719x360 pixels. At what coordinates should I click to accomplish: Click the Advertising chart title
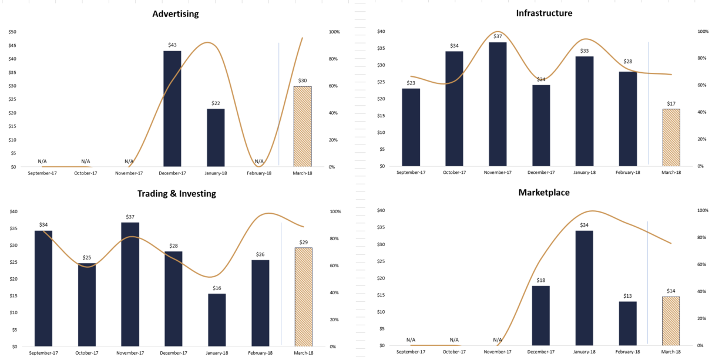pyautogui.click(x=175, y=14)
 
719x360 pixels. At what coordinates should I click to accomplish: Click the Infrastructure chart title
pyautogui.click(x=544, y=13)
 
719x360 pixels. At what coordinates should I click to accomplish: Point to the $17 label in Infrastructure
pyautogui.click(x=671, y=103)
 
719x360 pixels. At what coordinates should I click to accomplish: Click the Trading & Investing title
pyautogui.click(x=176, y=193)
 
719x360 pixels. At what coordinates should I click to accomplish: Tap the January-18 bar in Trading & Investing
pyautogui.click(x=217, y=319)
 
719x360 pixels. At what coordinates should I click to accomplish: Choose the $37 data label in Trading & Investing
pyautogui.click(x=130, y=217)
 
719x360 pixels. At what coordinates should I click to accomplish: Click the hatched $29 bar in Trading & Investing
pyautogui.click(x=303, y=297)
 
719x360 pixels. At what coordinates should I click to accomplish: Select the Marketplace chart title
pyautogui.click(x=544, y=192)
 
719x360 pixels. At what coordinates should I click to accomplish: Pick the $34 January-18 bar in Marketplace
pyautogui.click(x=584, y=288)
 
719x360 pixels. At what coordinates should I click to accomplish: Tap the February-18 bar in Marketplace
pyautogui.click(x=627, y=323)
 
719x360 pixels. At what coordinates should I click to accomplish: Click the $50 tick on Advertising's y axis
pyautogui.click(x=12, y=32)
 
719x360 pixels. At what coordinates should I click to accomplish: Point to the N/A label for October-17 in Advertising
pyautogui.click(x=86, y=161)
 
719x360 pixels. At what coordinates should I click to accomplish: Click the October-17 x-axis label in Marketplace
pyautogui.click(x=454, y=351)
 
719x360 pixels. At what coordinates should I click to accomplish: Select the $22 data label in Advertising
pyautogui.click(x=216, y=104)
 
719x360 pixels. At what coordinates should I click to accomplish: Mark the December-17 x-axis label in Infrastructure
pyautogui.click(x=541, y=172)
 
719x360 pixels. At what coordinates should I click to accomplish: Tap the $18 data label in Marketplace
pyautogui.click(x=540, y=280)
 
